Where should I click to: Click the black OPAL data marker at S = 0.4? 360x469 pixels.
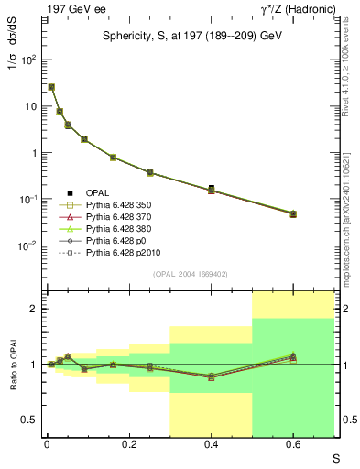coord(212,188)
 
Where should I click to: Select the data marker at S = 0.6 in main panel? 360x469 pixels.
coord(293,213)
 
